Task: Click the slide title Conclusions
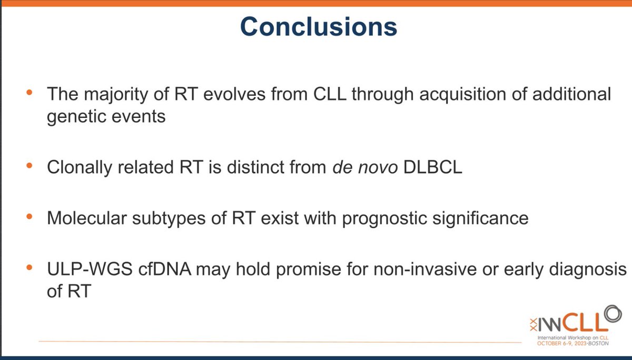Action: click(319, 26)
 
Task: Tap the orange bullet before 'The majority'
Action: click(29, 92)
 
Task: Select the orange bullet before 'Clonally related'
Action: click(29, 165)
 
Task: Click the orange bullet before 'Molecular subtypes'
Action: click(29, 216)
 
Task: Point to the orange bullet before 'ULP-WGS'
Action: click(29, 267)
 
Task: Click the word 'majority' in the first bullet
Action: click(116, 94)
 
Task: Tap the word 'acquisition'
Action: click(463, 94)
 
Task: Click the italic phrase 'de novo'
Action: click(365, 167)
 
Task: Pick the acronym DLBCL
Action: click(433, 167)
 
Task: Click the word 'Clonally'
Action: click(80, 168)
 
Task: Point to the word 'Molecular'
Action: click(87, 218)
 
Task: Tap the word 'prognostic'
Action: click(384, 219)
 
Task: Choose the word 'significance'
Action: click(480, 219)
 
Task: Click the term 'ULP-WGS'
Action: click(90, 269)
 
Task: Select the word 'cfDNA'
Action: click(164, 269)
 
